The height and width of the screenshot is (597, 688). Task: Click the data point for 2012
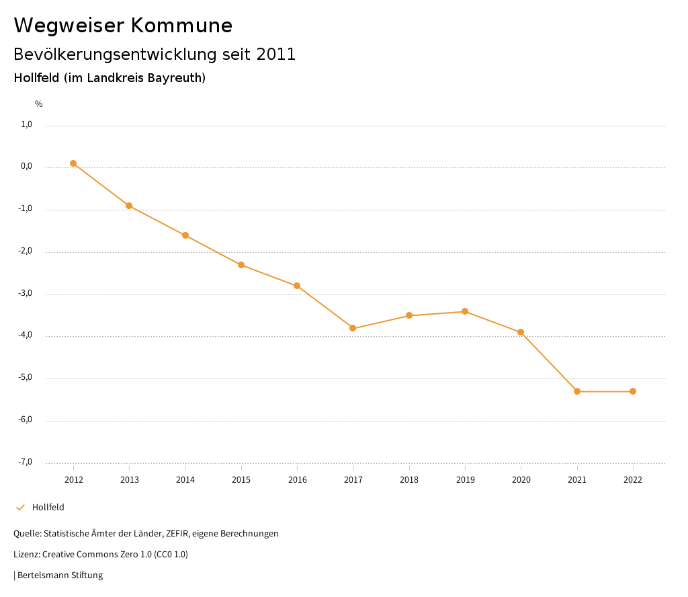point(73,163)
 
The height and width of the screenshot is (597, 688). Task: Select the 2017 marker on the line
point(353,328)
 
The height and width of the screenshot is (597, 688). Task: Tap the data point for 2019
point(465,311)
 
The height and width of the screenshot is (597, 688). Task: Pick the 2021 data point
point(577,391)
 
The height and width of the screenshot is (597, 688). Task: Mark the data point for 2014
point(185,235)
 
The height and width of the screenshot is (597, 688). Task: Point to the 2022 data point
point(633,391)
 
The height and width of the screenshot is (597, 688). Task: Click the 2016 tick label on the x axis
point(297,480)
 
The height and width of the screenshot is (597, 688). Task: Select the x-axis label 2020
point(521,480)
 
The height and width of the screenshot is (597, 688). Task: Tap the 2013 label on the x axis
point(129,480)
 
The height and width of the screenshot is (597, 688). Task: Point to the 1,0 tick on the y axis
point(27,124)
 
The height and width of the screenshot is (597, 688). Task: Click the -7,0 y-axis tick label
point(26,462)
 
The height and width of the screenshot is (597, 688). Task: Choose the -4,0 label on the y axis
point(26,335)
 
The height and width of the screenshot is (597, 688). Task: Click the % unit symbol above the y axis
point(39,104)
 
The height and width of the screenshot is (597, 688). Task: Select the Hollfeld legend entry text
point(48,508)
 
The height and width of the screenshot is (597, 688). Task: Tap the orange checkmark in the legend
point(20,508)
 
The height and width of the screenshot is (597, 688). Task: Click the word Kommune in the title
point(181,26)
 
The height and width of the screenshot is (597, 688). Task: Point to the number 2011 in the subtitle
point(276,54)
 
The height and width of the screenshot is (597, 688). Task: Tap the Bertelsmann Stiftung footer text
point(60,575)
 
